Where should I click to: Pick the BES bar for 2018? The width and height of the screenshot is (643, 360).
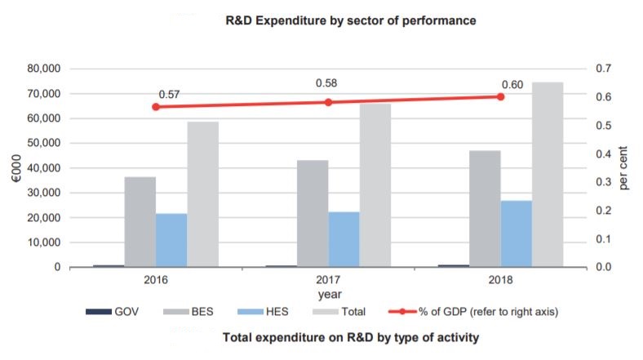tap(485, 209)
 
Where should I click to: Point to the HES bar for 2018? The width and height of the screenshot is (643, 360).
tap(516, 233)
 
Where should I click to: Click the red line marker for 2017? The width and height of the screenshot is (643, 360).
tap(328, 102)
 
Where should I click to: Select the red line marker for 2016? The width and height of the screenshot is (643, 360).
tap(156, 106)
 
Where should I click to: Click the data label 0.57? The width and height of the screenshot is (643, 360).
tap(169, 95)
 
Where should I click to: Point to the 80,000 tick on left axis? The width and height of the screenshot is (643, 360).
tap(42, 69)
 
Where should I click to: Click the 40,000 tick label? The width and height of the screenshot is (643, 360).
tap(42, 168)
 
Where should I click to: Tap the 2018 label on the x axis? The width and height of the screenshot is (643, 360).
tap(500, 280)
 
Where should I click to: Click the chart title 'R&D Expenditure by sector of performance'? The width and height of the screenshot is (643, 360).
tap(350, 18)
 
